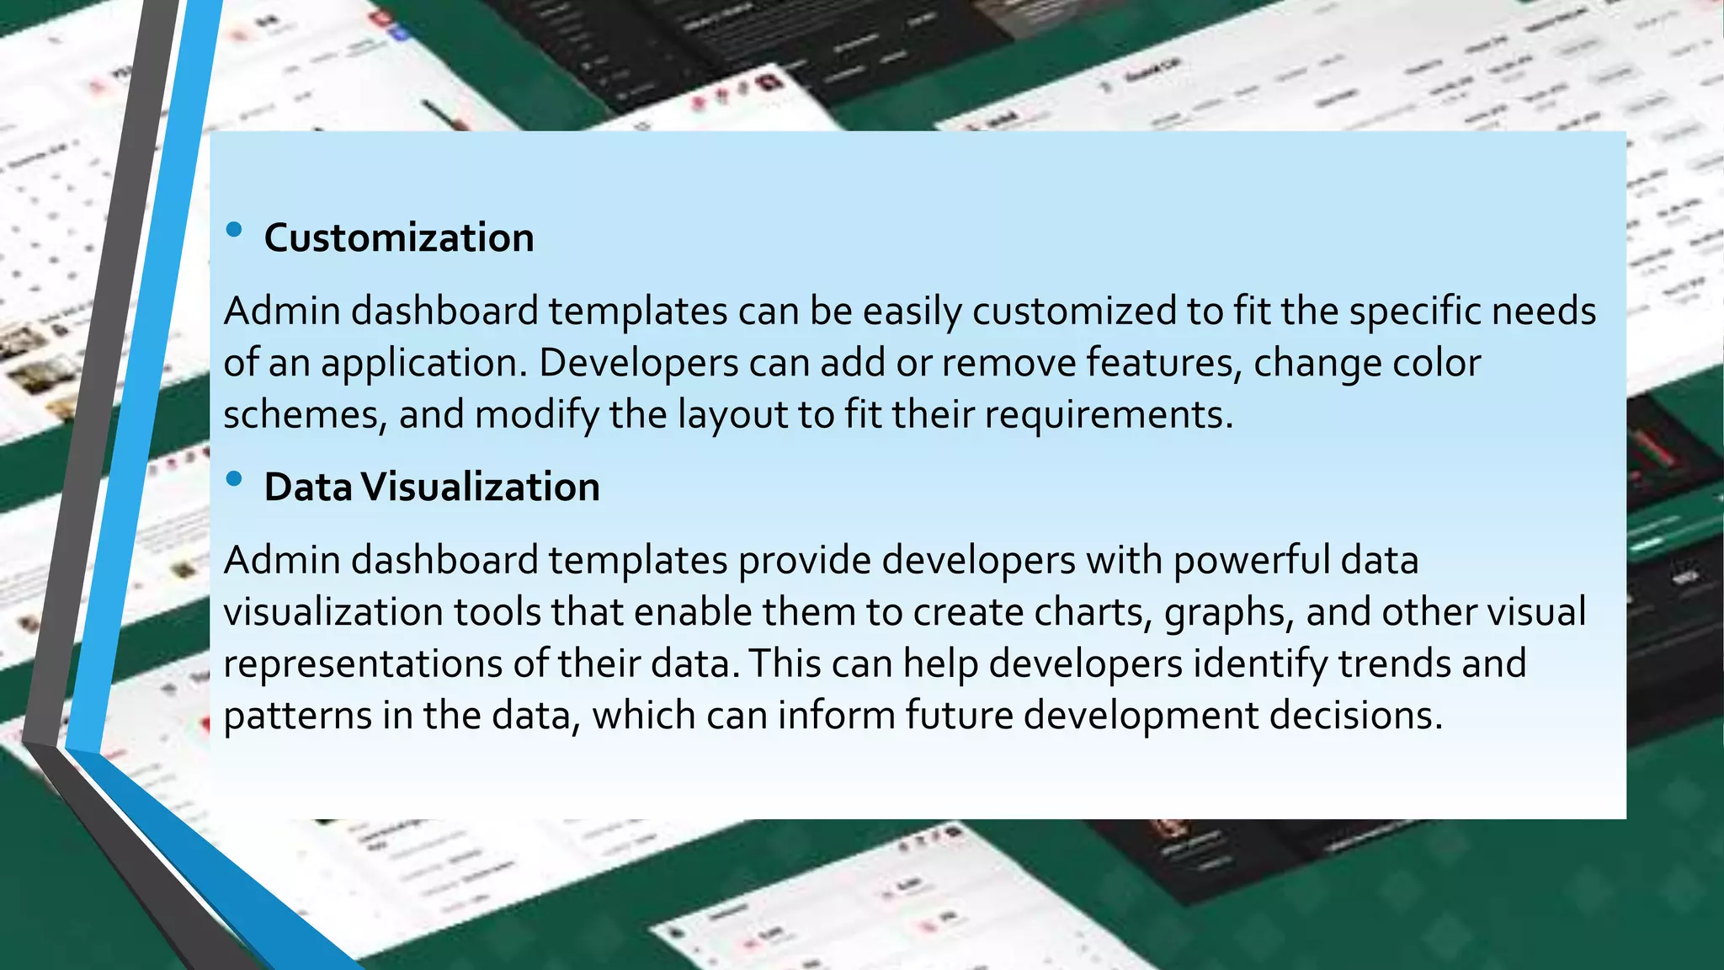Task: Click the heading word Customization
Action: [399, 238]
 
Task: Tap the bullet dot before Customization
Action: [234, 229]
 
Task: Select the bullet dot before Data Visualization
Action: [234, 478]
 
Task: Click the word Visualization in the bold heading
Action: [481, 488]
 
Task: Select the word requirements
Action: [1108, 415]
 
